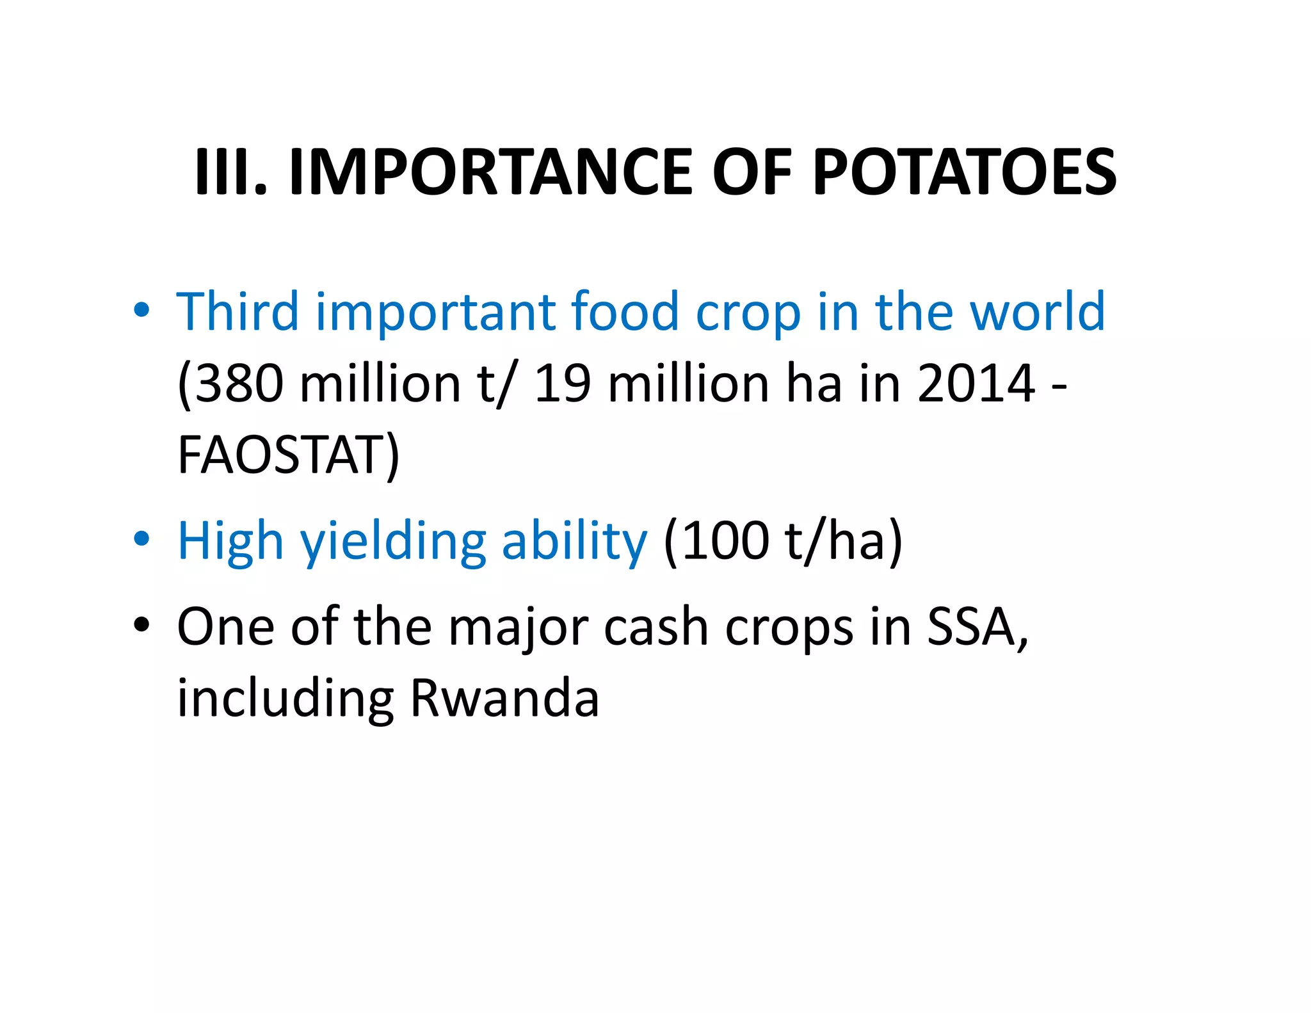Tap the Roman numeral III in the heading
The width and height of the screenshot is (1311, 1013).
(x=225, y=172)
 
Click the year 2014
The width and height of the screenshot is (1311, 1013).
(x=976, y=384)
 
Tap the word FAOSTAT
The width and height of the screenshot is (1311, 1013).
(x=282, y=455)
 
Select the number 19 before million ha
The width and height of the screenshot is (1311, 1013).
(x=562, y=384)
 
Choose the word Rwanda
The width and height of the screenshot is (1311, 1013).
(x=504, y=698)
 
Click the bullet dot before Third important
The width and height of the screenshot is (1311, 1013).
(x=141, y=310)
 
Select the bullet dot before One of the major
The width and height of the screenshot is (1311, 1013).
(x=141, y=624)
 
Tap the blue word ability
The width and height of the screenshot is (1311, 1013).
(x=574, y=542)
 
